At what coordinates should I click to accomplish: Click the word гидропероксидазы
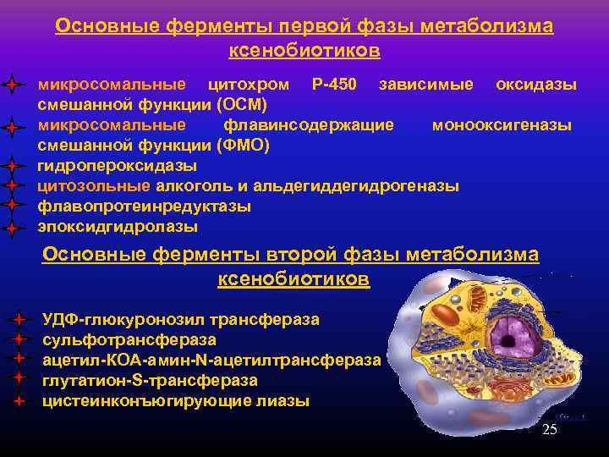(118, 165)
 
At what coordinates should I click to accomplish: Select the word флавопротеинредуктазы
(144, 206)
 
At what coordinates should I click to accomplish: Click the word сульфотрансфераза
(129, 340)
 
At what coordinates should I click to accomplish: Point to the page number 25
(550, 430)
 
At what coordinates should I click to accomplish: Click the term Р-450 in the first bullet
(334, 85)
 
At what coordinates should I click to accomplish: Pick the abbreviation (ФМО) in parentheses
(243, 146)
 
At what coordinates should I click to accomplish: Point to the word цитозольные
(94, 186)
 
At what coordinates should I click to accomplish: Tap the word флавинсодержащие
(309, 125)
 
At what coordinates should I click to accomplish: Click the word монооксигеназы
(502, 125)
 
